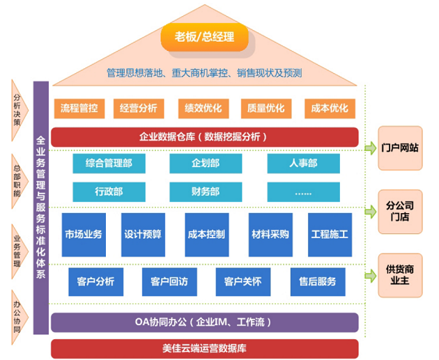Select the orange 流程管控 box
pyautogui.click(x=79, y=108)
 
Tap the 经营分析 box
pyautogui.click(x=138, y=108)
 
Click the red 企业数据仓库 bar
pyautogui.click(x=204, y=136)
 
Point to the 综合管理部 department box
pyautogui.click(x=109, y=164)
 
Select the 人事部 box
pyautogui.click(x=304, y=164)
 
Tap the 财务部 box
pyautogui.click(x=206, y=191)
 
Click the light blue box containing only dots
pyautogui.click(x=304, y=191)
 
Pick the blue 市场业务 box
pyautogui.click(x=82, y=233)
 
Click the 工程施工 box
pyautogui.click(x=330, y=233)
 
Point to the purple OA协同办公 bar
pyautogui.click(x=204, y=322)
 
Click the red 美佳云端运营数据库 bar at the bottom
pyautogui.click(x=204, y=348)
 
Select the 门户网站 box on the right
pyautogui.click(x=401, y=148)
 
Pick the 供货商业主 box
pyautogui.click(x=401, y=274)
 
